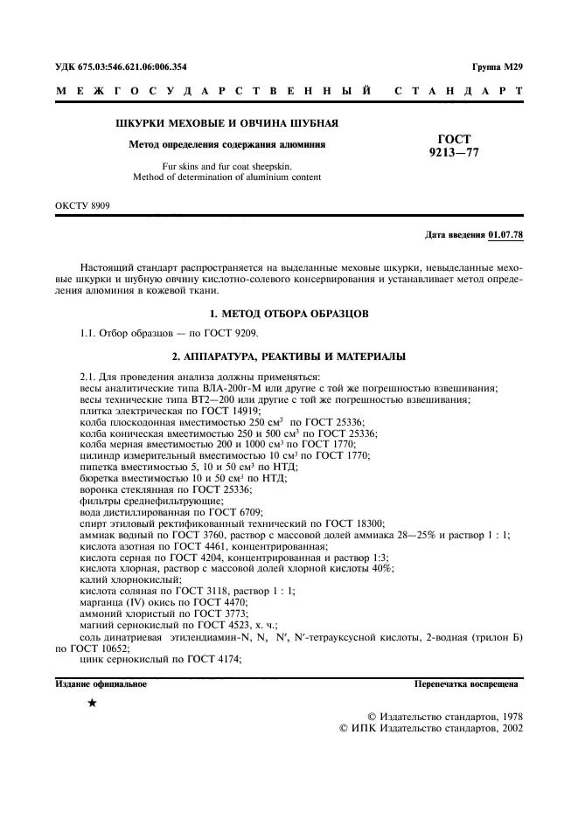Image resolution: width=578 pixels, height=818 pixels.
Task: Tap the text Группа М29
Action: point(496,66)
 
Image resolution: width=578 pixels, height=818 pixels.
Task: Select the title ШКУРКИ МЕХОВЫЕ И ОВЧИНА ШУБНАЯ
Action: point(227,123)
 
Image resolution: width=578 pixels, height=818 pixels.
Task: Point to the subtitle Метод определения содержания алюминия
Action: point(227,145)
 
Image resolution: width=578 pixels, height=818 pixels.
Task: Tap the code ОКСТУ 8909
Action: point(83,206)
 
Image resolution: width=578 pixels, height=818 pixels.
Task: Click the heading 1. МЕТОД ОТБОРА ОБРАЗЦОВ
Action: point(289,312)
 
